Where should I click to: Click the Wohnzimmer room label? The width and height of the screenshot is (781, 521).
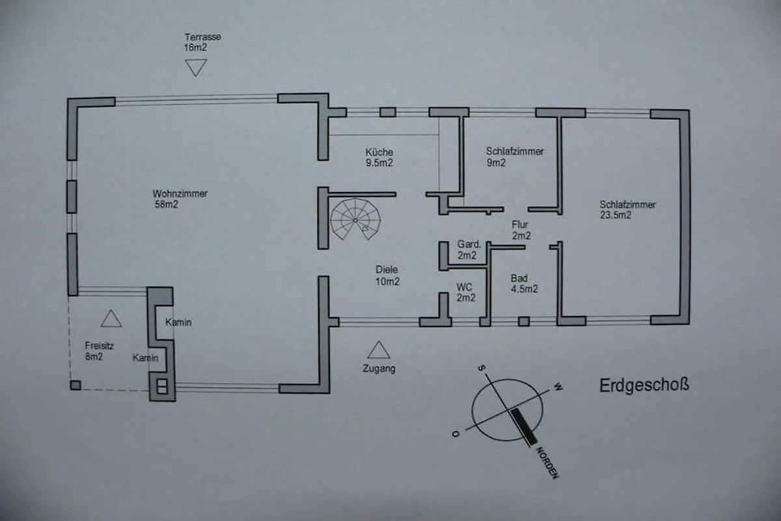180,193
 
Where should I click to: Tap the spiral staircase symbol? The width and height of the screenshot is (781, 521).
355,219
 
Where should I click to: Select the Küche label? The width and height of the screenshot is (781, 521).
379,152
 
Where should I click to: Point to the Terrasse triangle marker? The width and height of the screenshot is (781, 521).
196,68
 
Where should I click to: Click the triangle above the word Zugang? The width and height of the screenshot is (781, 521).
379,350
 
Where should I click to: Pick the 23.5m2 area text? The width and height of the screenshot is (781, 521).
616,215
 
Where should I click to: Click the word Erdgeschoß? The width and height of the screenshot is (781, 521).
644,386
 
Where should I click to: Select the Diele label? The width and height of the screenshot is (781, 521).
387,270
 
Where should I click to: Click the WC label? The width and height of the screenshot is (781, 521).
464,287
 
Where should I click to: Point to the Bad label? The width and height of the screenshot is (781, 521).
519,278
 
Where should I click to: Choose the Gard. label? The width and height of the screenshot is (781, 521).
469,244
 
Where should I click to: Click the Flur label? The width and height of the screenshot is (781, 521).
519,225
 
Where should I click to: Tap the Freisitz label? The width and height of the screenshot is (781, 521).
100,346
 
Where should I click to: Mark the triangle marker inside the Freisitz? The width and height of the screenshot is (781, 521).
111,318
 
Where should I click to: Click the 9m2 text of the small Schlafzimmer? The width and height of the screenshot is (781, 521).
496,163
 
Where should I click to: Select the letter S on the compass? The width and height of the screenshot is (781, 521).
482,367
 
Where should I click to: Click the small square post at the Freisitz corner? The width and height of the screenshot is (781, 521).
75,386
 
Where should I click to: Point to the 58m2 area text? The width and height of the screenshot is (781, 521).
167,204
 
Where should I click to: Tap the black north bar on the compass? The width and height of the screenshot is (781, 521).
524,427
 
